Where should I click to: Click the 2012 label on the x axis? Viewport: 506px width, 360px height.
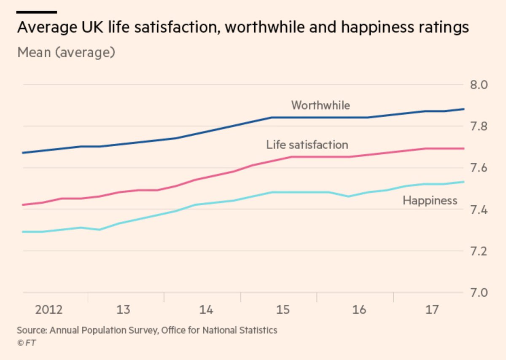click(49, 310)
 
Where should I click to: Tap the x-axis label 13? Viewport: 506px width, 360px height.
click(123, 310)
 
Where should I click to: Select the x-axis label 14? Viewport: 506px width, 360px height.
click(206, 310)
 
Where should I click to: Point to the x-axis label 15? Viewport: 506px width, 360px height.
click(283, 310)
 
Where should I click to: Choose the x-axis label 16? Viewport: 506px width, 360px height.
click(359, 310)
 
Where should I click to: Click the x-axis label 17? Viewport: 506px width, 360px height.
click(432, 310)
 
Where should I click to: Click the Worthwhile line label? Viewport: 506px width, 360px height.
click(320, 105)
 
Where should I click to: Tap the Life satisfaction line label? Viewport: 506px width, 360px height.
click(307, 145)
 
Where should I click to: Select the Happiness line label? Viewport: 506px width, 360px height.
click(430, 200)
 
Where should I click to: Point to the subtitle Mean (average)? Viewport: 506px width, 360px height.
click(66, 53)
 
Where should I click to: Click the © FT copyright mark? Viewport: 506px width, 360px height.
click(27, 343)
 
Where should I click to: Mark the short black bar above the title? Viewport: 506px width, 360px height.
click(37, 12)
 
